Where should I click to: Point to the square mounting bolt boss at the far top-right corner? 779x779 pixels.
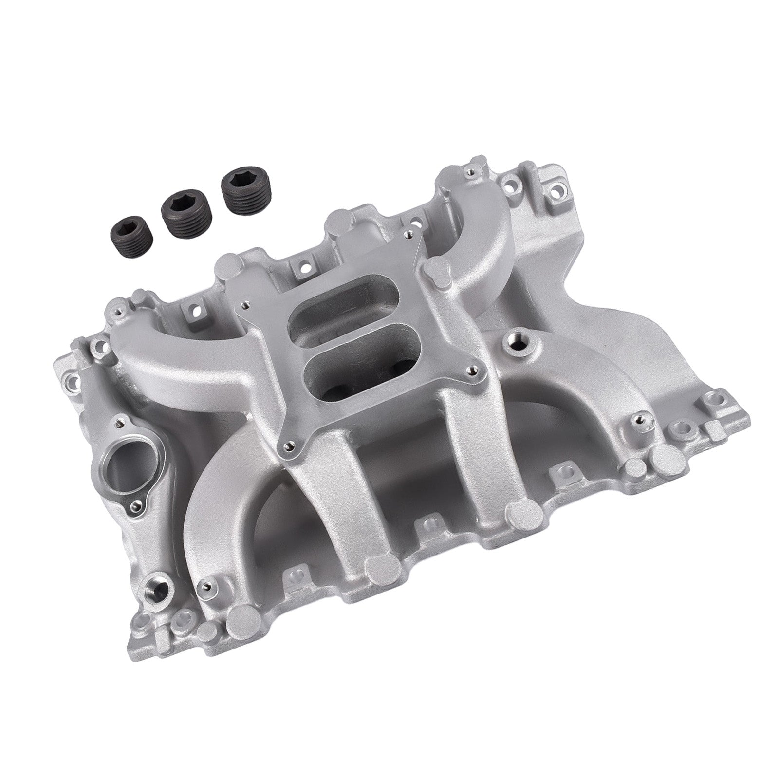click(x=556, y=191)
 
